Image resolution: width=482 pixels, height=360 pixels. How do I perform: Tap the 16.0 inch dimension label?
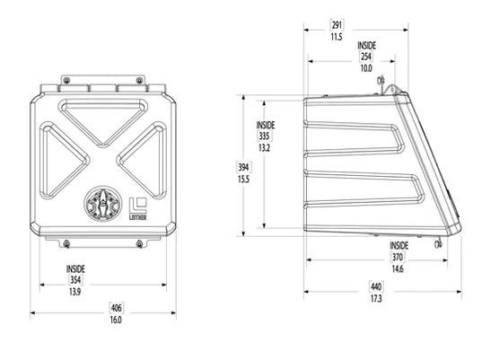pyautogui.click(x=116, y=320)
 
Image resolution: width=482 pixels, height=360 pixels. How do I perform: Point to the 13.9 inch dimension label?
pyautogui.click(x=76, y=293)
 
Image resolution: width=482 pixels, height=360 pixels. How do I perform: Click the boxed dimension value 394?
pyautogui.click(x=242, y=167)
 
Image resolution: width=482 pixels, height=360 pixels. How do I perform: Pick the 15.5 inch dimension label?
pyautogui.click(x=242, y=179)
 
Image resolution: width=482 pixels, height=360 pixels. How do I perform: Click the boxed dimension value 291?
pyautogui.click(x=337, y=26)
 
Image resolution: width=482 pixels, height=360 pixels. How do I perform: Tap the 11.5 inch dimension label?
pyautogui.click(x=337, y=38)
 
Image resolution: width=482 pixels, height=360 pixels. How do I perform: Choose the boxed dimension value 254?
pyautogui.click(x=366, y=56)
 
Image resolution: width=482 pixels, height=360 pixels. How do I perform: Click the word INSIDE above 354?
pyautogui.click(x=76, y=268)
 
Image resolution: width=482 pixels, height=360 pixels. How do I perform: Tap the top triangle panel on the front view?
pyautogui.click(x=106, y=119)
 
